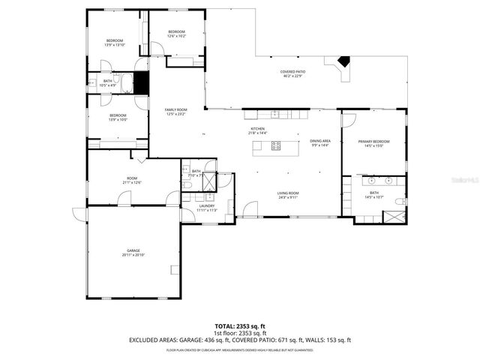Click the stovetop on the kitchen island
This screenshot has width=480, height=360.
275,146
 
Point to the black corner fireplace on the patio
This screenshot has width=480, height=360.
344,64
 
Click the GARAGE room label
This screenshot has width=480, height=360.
133,250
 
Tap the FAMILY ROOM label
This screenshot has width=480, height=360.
175,110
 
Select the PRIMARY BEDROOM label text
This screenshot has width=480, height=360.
373,142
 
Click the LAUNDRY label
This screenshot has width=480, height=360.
207,205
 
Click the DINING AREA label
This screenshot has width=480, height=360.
320,141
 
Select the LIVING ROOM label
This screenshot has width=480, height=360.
289,193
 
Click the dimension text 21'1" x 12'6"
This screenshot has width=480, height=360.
132,182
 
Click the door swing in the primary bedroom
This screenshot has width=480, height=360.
349,119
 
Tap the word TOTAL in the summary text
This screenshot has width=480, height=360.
225,326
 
